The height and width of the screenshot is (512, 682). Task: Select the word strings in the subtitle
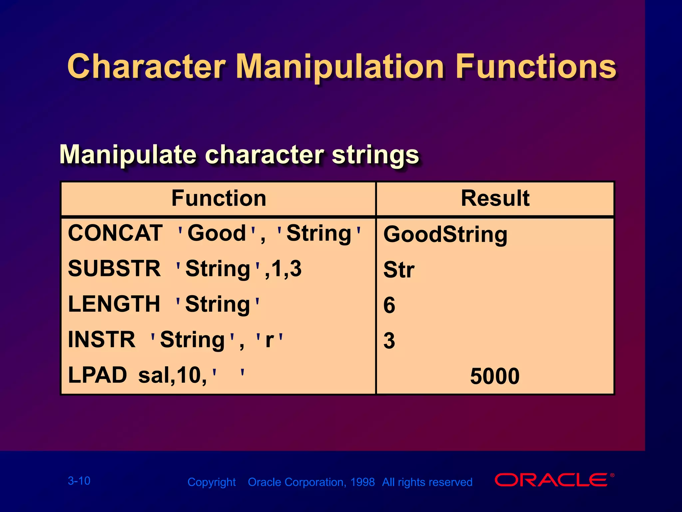[x=375, y=155]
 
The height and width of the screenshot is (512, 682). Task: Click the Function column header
[x=219, y=198]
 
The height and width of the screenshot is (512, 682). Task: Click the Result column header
[x=495, y=198]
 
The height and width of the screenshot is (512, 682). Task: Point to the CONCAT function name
[x=115, y=233]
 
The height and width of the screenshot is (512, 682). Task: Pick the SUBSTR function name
[x=114, y=268]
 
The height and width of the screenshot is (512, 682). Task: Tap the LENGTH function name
[x=114, y=304]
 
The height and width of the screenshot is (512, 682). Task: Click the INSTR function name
[x=102, y=340]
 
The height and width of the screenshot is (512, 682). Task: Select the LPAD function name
[x=97, y=375]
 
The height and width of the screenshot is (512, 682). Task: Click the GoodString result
[x=445, y=234]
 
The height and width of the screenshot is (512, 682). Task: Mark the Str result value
[x=399, y=270]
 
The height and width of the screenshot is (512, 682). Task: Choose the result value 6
[x=389, y=305]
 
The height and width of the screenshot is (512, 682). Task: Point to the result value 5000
[x=495, y=376]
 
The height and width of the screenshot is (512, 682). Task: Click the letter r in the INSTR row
[x=269, y=340]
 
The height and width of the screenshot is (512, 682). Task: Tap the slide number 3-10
[x=79, y=481]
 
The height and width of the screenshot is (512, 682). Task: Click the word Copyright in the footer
[x=211, y=482]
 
